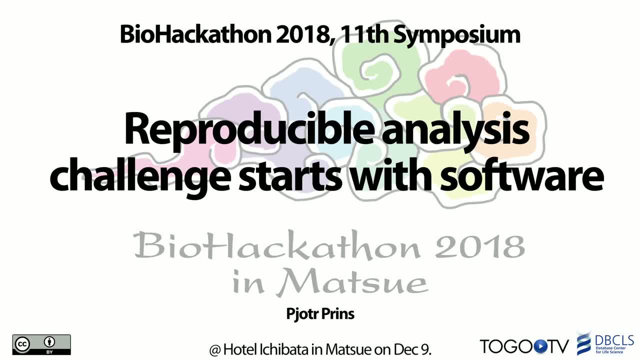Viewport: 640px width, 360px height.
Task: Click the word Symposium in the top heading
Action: pos(457,35)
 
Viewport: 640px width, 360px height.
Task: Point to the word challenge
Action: pos(140,174)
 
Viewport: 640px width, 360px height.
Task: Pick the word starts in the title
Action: pos(290,175)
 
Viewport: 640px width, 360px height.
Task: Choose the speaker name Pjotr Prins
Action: pos(320,313)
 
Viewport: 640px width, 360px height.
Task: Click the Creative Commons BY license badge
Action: pos(41,344)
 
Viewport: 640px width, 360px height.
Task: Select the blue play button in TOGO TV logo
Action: pos(539,346)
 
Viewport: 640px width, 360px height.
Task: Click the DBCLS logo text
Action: pos(614,340)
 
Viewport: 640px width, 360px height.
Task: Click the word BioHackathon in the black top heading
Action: pos(195,34)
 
